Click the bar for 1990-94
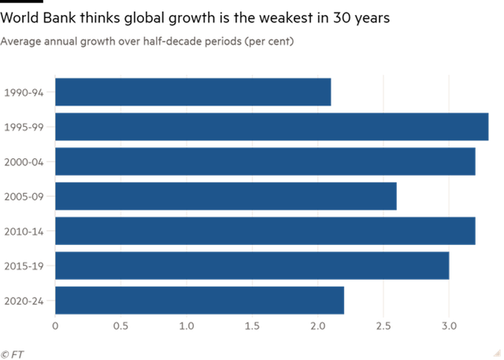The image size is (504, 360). (x=194, y=92)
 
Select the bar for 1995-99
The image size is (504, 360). (x=272, y=127)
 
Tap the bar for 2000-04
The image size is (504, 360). (x=265, y=161)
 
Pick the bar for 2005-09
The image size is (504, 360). (x=226, y=196)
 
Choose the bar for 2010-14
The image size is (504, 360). (x=265, y=231)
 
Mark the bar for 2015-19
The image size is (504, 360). (x=252, y=265)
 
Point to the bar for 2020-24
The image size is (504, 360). (x=200, y=300)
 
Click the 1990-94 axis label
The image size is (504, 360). (x=24, y=92)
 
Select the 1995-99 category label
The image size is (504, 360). (x=24, y=127)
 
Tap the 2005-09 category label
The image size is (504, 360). (x=24, y=196)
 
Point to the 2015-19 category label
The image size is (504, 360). (x=24, y=265)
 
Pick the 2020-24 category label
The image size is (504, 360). (x=24, y=300)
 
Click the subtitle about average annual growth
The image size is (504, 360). (x=147, y=41)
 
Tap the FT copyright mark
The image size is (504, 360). (x=12, y=354)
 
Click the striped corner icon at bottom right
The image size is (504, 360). (x=498, y=353)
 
